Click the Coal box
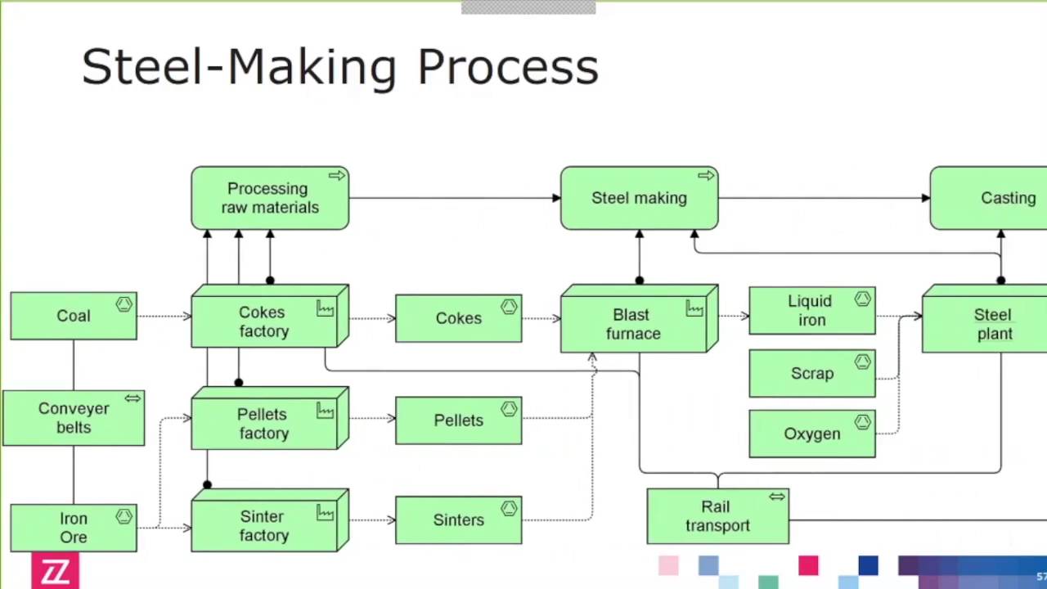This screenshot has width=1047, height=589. click(x=74, y=316)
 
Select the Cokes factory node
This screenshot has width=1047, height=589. click(x=264, y=321)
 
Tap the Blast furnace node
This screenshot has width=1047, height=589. click(x=632, y=324)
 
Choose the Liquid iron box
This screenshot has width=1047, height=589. click(x=811, y=311)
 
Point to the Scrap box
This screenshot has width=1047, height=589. click(x=811, y=374)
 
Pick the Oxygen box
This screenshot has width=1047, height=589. click(x=811, y=434)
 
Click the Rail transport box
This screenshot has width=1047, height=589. click(x=717, y=516)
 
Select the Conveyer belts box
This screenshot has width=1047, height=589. click(x=74, y=418)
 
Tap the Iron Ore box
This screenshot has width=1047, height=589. click(x=74, y=528)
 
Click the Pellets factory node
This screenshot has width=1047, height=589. click(x=264, y=424)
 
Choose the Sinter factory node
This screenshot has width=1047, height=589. click(x=264, y=526)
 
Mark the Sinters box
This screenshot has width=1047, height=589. click(x=458, y=520)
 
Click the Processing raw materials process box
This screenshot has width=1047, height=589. click(x=269, y=198)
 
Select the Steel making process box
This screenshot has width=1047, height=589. click(x=639, y=198)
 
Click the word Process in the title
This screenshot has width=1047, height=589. click(x=507, y=67)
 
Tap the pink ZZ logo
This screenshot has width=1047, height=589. click(x=56, y=571)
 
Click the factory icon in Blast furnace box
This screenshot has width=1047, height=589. click(x=694, y=308)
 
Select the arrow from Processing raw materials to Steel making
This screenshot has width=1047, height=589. click(x=454, y=198)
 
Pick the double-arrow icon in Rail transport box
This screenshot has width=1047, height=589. click(x=776, y=497)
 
